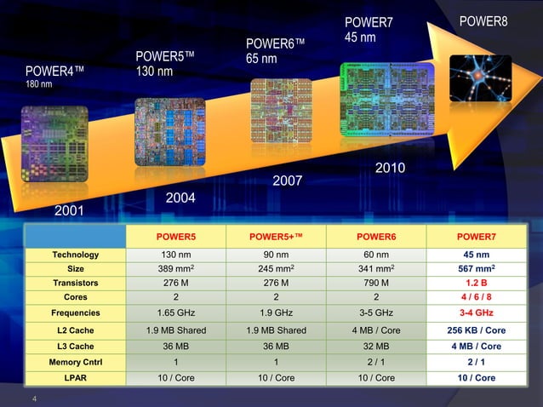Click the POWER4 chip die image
click(x=54, y=144)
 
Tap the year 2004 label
click(x=180, y=198)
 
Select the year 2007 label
click(x=287, y=181)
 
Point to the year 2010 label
click(x=390, y=169)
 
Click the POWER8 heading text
click(x=483, y=21)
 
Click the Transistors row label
click(x=76, y=283)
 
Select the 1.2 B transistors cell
click(x=476, y=283)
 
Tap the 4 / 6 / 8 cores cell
click(x=476, y=296)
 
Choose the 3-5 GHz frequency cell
click(x=375, y=312)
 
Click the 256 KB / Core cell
click(x=476, y=330)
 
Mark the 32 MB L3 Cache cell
click(x=375, y=347)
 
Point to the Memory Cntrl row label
click(x=76, y=363)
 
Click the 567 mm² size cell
click(x=476, y=268)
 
